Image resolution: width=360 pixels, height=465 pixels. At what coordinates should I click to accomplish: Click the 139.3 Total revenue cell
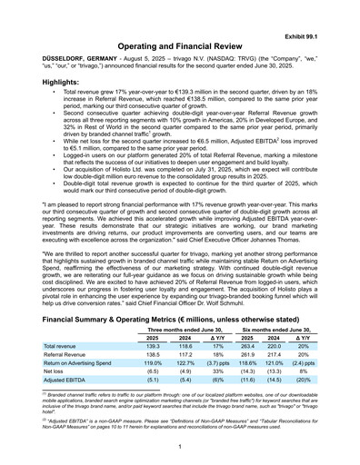pyautogui.click(x=153, y=347)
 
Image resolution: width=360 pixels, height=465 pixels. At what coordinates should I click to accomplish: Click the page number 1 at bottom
pyautogui.click(x=180, y=448)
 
